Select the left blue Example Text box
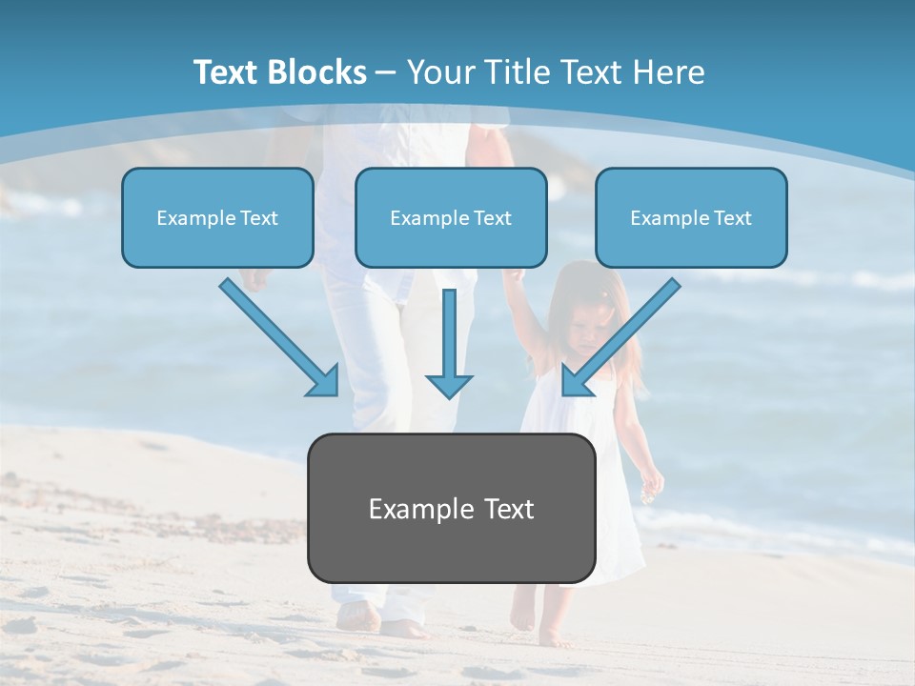tap(217, 218)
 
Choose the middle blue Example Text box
tap(451, 218)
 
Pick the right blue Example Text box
tap(691, 218)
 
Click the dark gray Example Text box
tap(451, 508)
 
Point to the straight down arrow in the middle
tap(448, 343)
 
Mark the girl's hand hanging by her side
tap(652, 486)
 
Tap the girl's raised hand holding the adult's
tap(515, 277)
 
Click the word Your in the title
tap(439, 72)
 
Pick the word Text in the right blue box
tap(733, 218)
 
